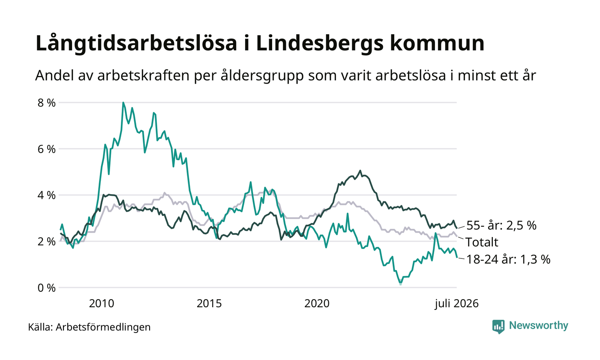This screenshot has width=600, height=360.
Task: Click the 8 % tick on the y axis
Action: (x=47, y=103)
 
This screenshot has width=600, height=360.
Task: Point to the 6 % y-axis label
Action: (x=47, y=149)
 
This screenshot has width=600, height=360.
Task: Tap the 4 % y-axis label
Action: (x=47, y=195)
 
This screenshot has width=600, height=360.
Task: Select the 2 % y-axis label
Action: (x=47, y=242)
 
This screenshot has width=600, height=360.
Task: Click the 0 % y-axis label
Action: (x=47, y=288)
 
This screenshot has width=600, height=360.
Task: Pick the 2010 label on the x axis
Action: (x=102, y=303)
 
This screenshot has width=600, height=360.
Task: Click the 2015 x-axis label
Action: (x=209, y=303)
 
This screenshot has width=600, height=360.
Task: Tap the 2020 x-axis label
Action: (x=317, y=303)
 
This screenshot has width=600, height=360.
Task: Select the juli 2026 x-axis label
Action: (x=457, y=304)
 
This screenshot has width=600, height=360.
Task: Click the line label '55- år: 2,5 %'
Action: (x=501, y=225)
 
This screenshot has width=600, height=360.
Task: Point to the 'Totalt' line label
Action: (x=482, y=242)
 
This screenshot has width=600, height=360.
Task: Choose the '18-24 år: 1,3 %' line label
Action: (x=508, y=259)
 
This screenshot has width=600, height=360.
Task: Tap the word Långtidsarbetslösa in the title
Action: (x=136, y=43)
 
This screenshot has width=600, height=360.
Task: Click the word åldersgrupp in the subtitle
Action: (x=262, y=76)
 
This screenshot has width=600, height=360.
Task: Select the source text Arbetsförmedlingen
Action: (x=103, y=327)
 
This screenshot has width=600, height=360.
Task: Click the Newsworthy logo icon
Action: (x=498, y=327)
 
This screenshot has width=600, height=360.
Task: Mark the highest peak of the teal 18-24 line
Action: (x=123, y=102)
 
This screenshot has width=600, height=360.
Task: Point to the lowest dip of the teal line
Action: (x=400, y=283)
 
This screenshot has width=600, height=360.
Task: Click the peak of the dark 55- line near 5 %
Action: (x=360, y=171)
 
